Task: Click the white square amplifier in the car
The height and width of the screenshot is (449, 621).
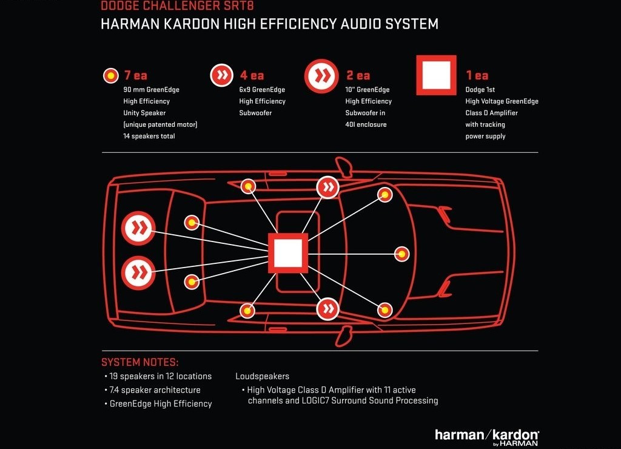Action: coord(288,253)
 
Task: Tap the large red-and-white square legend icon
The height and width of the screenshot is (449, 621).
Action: coord(437,75)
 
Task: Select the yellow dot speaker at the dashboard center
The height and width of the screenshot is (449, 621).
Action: coord(401,254)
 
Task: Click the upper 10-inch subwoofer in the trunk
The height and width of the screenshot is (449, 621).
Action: coord(138,228)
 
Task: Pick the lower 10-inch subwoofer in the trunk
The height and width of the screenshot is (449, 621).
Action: coord(138,272)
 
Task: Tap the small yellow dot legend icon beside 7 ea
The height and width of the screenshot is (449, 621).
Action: coord(111,75)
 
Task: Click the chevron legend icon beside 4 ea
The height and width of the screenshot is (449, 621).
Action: coord(222,75)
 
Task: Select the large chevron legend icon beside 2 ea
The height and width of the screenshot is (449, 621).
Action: coord(321,76)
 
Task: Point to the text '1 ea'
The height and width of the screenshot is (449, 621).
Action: coord(477,75)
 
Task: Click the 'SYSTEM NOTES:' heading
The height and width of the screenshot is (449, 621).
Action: coord(140,362)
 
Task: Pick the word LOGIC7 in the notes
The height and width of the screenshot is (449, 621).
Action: coord(315,400)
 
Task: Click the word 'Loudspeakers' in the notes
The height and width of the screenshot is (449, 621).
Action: coord(262,376)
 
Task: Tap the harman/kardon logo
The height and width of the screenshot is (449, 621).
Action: coord(487,437)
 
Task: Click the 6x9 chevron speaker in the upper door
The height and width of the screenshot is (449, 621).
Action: coord(328,187)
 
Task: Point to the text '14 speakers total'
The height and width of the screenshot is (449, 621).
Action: coord(149,136)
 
